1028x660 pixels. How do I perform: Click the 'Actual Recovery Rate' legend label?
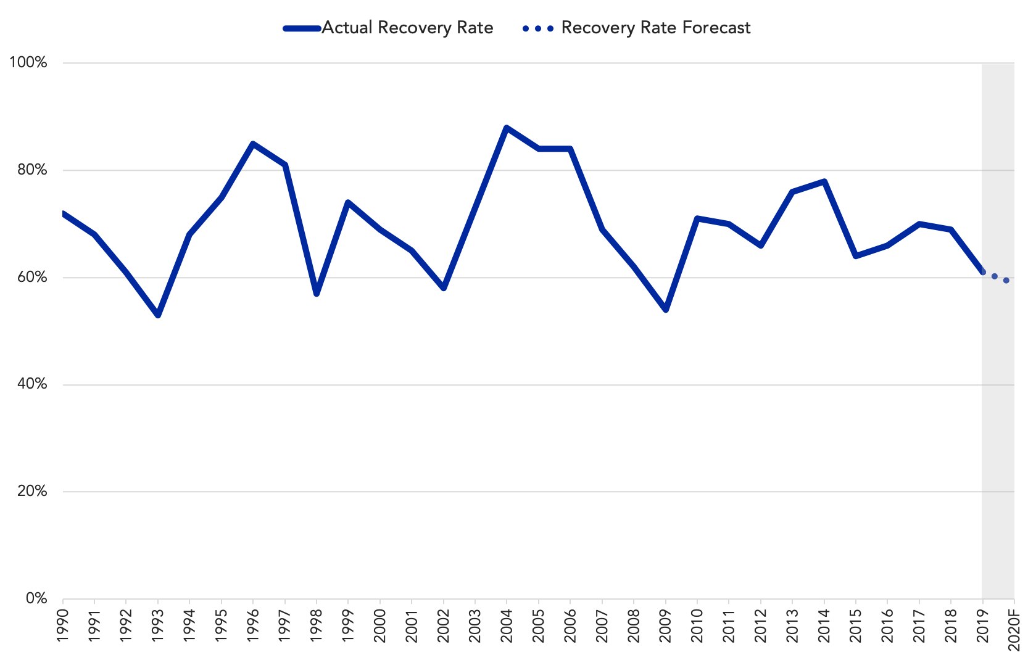(407, 28)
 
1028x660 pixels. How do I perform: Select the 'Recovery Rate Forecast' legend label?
(656, 28)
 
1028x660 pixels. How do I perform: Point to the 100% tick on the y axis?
(28, 63)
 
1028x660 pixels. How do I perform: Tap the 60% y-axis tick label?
(32, 278)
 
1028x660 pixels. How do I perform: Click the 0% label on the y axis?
(36, 598)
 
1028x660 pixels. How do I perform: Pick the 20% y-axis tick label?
(32, 491)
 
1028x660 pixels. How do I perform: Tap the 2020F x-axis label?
(1014, 629)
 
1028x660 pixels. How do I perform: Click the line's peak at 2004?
(506, 128)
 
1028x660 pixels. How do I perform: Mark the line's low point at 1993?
(158, 315)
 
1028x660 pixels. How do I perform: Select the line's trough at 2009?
(665, 310)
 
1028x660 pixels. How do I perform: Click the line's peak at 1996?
(253, 144)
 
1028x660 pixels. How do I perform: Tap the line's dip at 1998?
(316, 294)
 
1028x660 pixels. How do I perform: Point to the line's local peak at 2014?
(824, 181)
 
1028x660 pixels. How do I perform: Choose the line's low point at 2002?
(443, 288)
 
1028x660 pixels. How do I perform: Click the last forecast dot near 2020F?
(1006, 280)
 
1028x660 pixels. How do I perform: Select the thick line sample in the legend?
(302, 28)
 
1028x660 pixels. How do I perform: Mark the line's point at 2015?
(856, 256)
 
